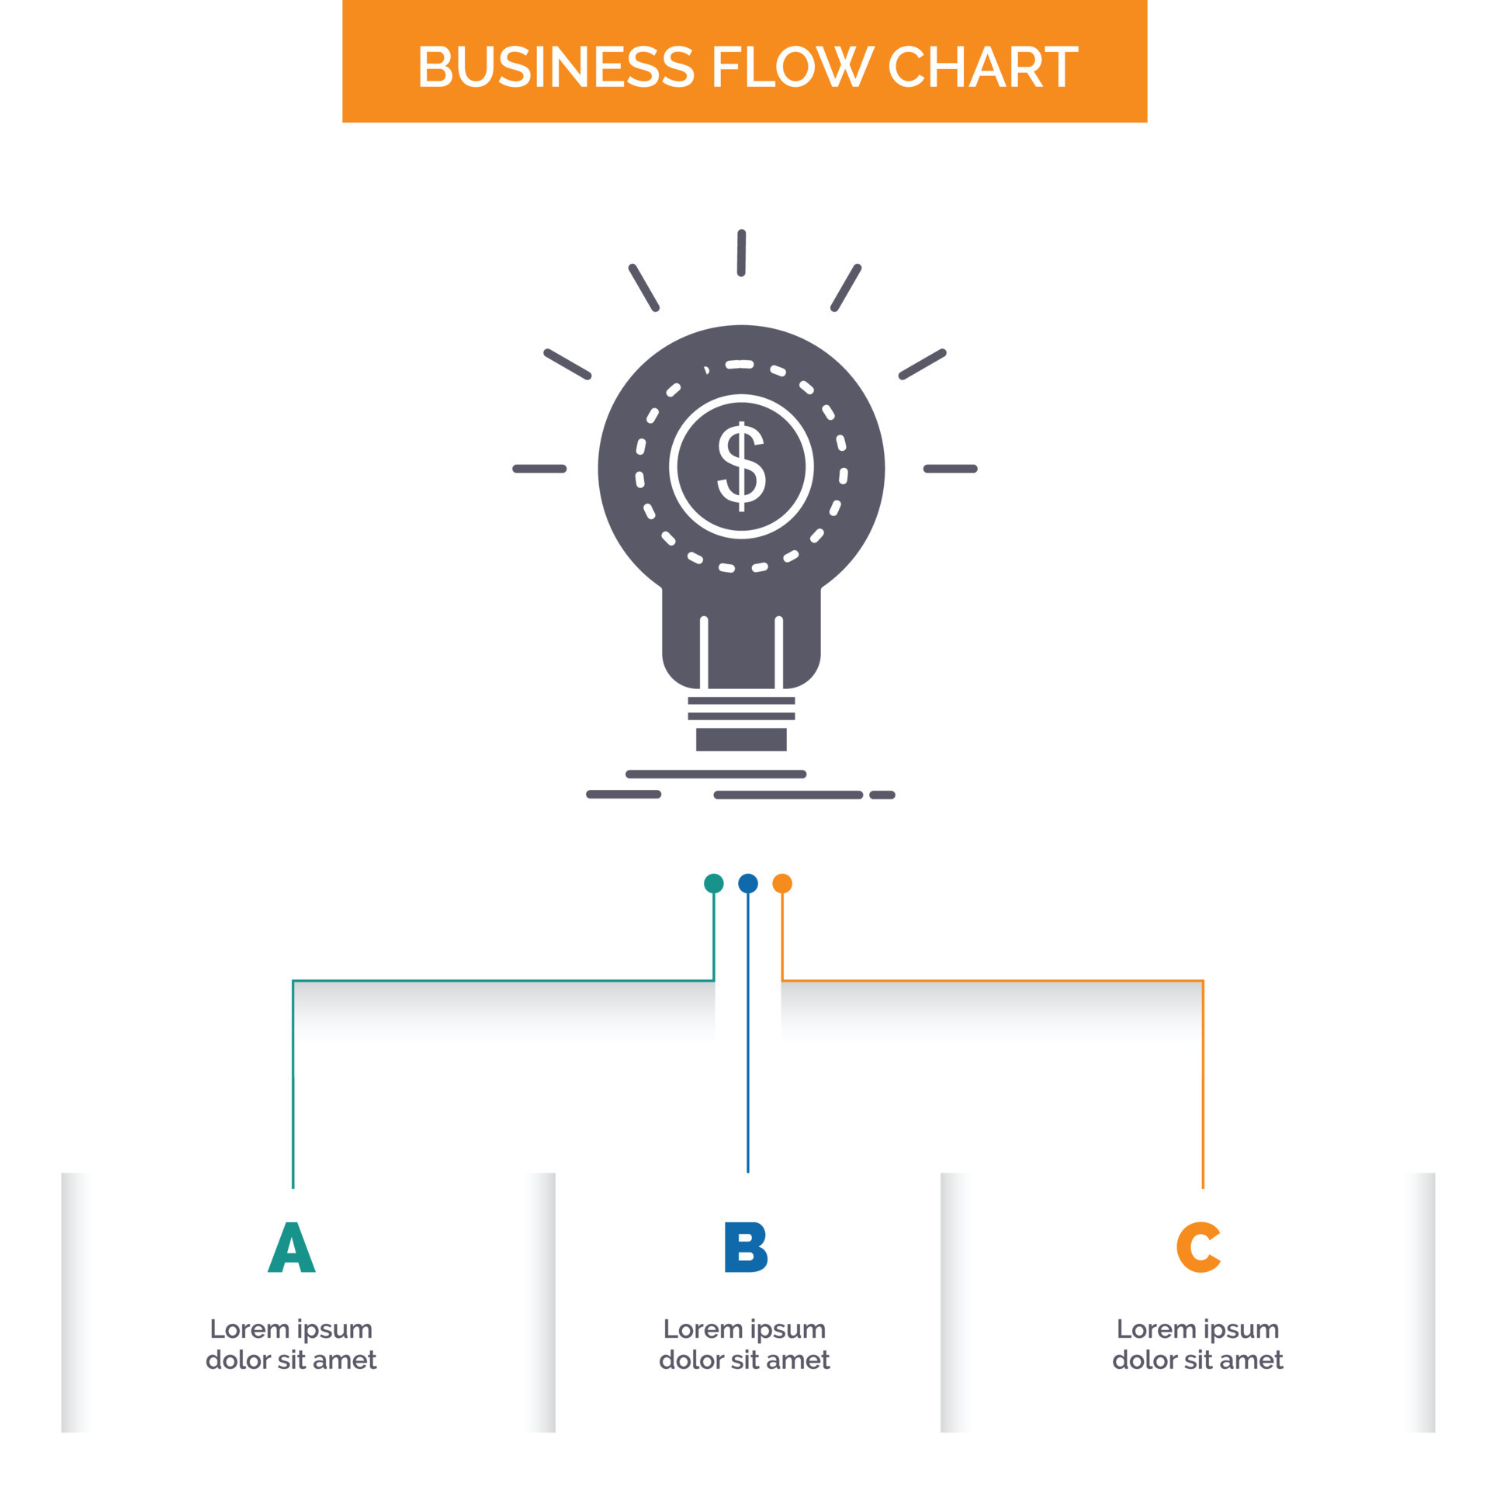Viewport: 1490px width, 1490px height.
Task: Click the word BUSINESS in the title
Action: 556,67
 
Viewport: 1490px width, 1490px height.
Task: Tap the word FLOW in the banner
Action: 791,67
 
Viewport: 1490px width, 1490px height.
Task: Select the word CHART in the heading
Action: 982,67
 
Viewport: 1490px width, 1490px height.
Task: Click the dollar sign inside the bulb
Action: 741,466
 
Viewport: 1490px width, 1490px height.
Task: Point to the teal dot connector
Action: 713,883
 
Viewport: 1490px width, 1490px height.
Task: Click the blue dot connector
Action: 747,883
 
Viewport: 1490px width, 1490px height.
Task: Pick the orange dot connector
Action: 782,883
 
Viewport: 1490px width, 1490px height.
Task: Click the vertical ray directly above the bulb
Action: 741,252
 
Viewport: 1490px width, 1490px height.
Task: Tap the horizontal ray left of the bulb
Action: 539,469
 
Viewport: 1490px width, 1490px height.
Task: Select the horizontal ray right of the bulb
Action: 950,469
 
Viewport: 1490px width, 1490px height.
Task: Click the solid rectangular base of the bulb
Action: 741,739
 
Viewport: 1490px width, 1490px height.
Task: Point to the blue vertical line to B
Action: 747,1033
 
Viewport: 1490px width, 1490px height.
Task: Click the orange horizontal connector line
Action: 993,981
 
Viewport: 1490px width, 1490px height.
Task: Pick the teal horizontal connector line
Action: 503,981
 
